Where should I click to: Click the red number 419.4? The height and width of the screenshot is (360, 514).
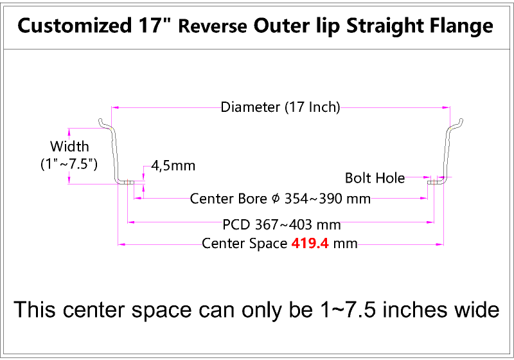coord(310,244)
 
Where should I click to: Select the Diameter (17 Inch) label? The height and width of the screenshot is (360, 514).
coord(280,107)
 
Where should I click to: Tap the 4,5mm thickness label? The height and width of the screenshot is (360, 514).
coord(173,166)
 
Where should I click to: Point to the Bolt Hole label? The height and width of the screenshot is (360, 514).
coord(375,178)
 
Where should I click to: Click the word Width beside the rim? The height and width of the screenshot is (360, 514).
coord(69,146)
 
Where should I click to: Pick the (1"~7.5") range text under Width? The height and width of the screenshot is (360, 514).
coord(69,163)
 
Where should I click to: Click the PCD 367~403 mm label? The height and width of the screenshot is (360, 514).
coord(281,224)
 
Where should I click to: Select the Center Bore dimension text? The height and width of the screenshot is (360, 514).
coord(280,199)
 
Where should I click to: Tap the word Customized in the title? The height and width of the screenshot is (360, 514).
coord(75,26)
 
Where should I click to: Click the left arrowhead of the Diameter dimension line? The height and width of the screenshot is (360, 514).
coord(114,107)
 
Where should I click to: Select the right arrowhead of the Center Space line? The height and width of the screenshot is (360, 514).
coord(440,244)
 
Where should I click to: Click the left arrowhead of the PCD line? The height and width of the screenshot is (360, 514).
coord(131,222)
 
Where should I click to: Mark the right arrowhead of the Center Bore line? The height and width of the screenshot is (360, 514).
coord(424,198)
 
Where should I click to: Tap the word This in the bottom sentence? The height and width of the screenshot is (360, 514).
coord(35,309)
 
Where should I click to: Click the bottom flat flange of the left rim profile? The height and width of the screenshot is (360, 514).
coord(127,182)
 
